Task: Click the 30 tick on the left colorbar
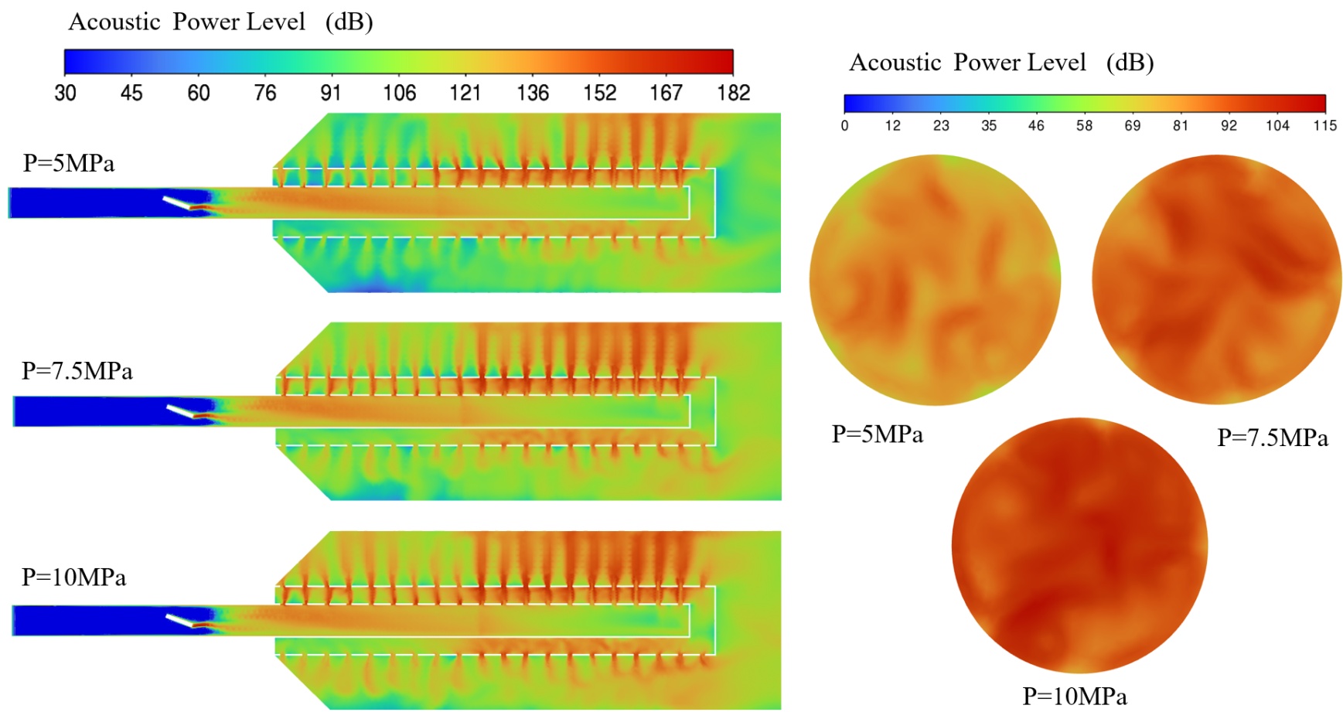[x=65, y=93]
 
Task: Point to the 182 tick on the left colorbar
[x=733, y=93]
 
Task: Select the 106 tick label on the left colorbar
[x=399, y=93]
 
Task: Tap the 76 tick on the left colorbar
[x=264, y=93]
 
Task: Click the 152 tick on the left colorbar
[x=599, y=93]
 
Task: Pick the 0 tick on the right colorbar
[x=845, y=125]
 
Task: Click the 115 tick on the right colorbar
[x=1324, y=125]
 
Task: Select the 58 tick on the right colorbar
[x=1084, y=125]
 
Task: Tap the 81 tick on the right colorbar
[x=1180, y=125]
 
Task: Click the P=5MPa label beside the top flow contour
[x=69, y=163]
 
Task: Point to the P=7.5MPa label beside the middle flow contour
[x=77, y=371]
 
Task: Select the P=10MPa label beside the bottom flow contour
[x=73, y=577]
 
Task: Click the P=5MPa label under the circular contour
[x=877, y=434]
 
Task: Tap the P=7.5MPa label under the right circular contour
[x=1273, y=438]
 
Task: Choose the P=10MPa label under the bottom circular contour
[x=1074, y=696]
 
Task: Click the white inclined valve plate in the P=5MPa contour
[x=178, y=203]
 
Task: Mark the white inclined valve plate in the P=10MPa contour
[x=180, y=619]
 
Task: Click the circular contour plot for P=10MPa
[x=1079, y=545]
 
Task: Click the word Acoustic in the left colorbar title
[x=114, y=22]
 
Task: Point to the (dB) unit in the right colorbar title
[x=1130, y=63]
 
